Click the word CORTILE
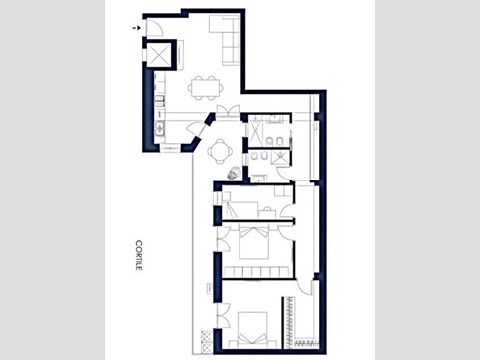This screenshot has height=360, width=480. [x=139, y=255]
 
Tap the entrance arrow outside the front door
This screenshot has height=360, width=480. [x=136, y=28]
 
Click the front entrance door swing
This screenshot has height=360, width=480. [x=154, y=28]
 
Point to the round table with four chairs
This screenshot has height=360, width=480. [x=220, y=151]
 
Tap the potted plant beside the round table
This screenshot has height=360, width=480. [x=234, y=173]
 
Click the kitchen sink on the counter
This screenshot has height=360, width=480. [x=160, y=128]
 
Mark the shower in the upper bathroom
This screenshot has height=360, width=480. [x=256, y=131]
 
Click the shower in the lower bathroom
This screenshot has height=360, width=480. [x=280, y=157]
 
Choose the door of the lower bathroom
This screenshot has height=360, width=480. [x=284, y=173]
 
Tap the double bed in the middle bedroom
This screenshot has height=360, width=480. [x=254, y=242]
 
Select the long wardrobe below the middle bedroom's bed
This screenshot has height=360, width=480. [x=257, y=272]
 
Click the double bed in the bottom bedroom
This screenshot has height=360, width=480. [x=252, y=330]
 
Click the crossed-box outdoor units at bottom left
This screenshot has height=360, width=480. [x=207, y=342]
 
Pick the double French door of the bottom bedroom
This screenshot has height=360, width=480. [x=222, y=316]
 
